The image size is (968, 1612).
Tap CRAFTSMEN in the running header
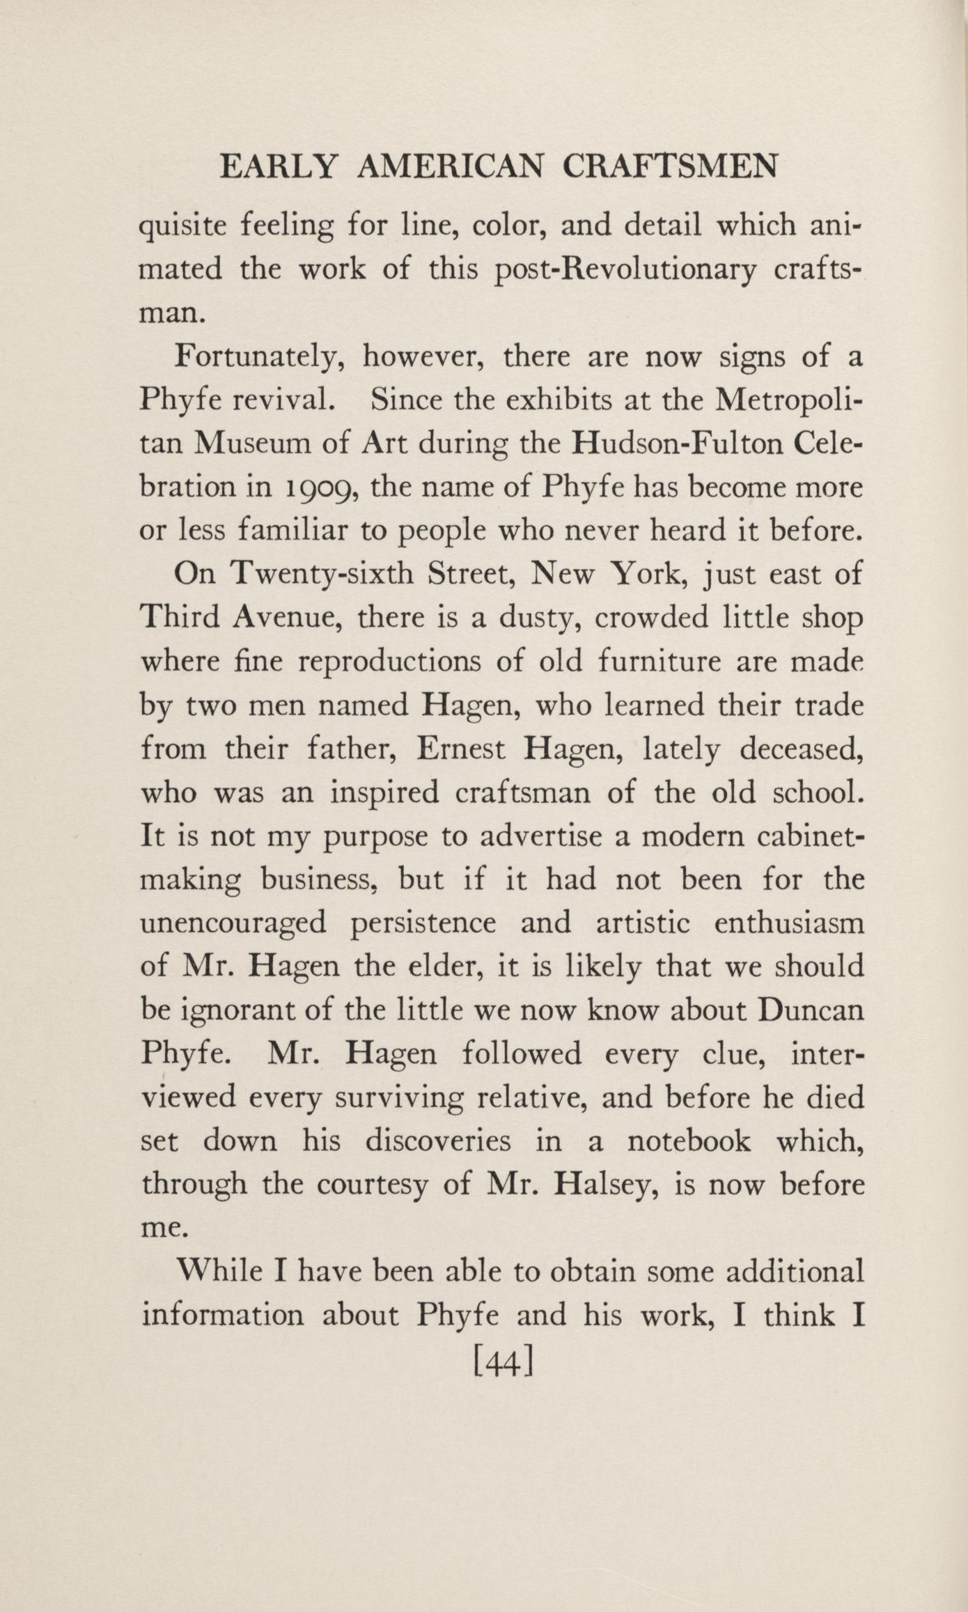coord(669,168)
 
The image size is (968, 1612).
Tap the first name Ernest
coord(461,749)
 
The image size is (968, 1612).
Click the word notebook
coord(689,1141)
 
